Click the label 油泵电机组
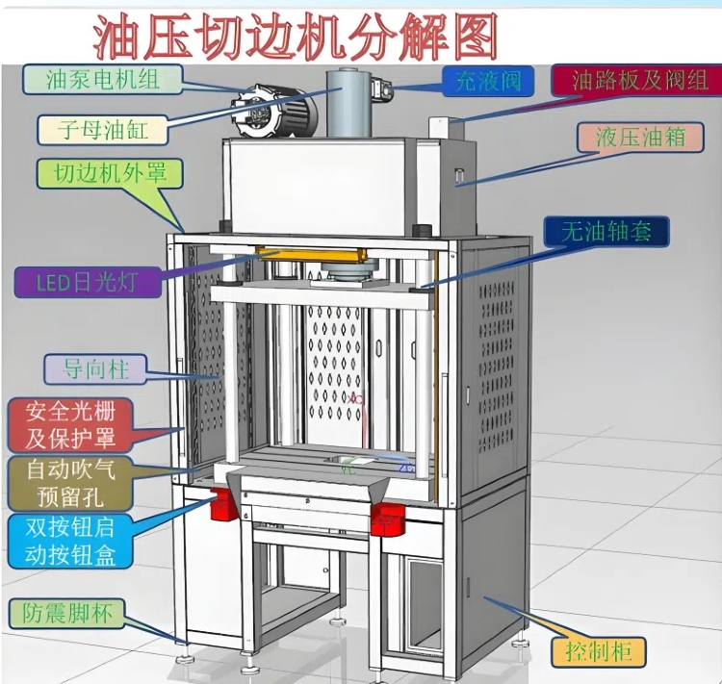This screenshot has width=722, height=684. pyautogui.click(x=91, y=78)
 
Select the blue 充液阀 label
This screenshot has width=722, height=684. pyautogui.click(x=487, y=81)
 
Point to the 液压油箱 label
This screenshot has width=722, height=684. pyautogui.click(x=639, y=137)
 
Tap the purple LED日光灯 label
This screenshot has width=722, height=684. pyautogui.click(x=87, y=283)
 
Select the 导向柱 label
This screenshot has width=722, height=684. pyautogui.click(x=96, y=367)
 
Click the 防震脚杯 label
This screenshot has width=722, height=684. pyautogui.click(x=67, y=612)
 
